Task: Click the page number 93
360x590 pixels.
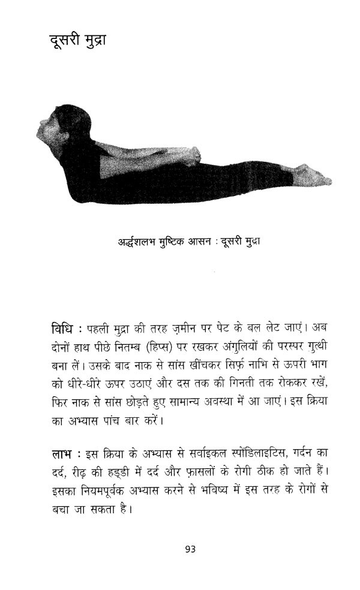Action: (x=191, y=548)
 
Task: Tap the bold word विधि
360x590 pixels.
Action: (x=64, y=329)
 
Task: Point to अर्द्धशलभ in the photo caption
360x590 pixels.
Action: (x=141, y=242)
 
